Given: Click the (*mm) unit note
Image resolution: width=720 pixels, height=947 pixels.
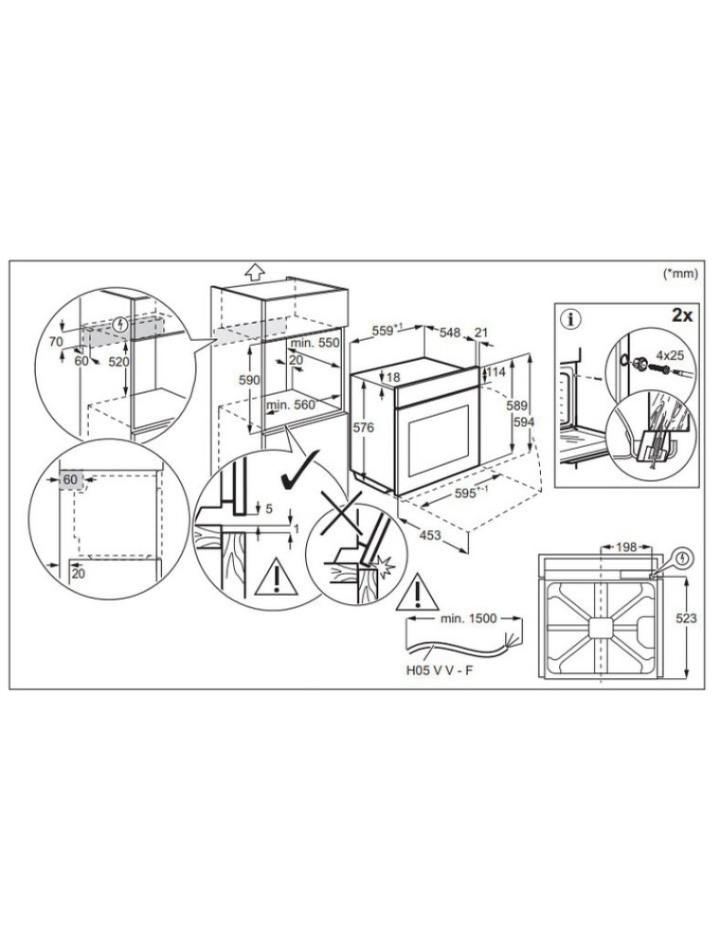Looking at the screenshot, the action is pos(681,274).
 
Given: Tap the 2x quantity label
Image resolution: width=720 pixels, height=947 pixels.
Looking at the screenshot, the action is pos(681,314).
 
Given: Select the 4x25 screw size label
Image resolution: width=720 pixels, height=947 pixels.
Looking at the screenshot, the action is pos(669,357).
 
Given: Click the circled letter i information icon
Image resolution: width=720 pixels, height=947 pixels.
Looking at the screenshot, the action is pos(569,318).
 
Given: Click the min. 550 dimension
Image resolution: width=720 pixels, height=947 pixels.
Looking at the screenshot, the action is pos(315,343).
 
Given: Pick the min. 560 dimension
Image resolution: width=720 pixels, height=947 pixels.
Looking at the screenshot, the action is pos(291,404).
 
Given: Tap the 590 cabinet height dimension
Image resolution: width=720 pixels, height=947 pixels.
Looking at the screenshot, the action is pos(249,380).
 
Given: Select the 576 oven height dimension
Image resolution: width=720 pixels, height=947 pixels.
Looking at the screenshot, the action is pos(364,428).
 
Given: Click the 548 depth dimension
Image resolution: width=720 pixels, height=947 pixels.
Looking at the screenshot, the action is pos(450,332).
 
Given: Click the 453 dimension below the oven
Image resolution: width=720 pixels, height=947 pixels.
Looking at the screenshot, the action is pos(430,534).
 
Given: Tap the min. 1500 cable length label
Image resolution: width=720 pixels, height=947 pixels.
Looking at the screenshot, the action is pos(469,617).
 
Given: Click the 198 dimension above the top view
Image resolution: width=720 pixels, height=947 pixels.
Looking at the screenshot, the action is pos(626,547).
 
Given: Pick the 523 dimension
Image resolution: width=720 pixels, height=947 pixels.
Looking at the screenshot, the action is pos(686,617).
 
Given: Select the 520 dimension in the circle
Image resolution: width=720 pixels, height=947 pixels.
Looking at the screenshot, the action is pos(118,363).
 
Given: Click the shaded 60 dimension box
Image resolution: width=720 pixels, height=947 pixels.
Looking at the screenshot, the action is pos(71,480).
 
